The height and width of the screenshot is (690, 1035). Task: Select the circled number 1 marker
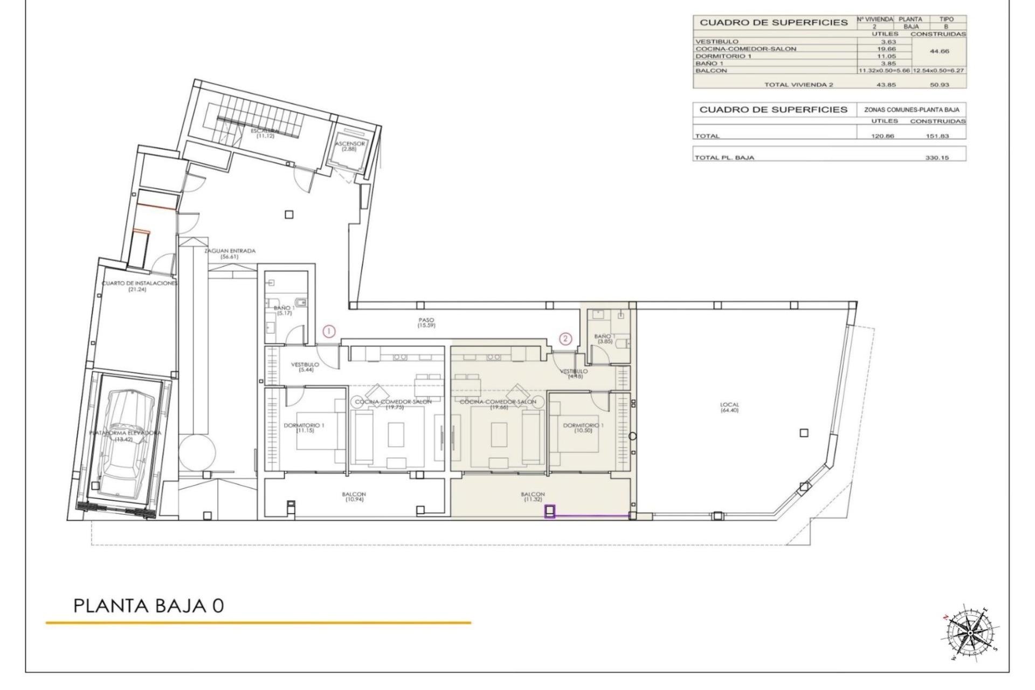pyautogui.click(x=329, y=332)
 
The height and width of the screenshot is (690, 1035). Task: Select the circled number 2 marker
pyautogui.click(x=565, y=339)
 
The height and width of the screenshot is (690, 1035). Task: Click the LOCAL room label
pyautogui.click(x=729, y=408)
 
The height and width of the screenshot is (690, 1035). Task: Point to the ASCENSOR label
pyautogui.click(x=350, y=146)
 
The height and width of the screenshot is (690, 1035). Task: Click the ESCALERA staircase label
pyautogui.click(x=265, y=133)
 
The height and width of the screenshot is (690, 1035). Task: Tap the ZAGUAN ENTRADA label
pyautogui.click(x=230, y=253)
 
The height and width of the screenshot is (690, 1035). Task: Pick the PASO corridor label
pyautogui.click(x=426, y=323)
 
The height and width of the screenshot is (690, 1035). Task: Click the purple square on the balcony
pyautogui.click(x=550, y=511)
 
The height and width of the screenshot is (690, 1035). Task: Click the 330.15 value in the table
pyautogui.click(x=937, y=158)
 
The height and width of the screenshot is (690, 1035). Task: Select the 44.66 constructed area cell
pyautogui.click(x=939, y=52)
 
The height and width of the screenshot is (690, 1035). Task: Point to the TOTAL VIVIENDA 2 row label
pyautogui.click(x=791, y=85)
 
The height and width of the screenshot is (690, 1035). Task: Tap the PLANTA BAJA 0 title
pyautogui.click(x=148, y=605)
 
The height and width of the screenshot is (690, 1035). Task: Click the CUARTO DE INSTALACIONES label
pyautogui.click(x=139, y=286)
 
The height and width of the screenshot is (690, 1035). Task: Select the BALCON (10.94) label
pyautogui.click(x=354, y=496)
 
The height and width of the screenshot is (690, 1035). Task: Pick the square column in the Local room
pyautogui.click(x=804, y=433)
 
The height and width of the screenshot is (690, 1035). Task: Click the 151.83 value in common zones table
pyautogui.click(x=937, y=136)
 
